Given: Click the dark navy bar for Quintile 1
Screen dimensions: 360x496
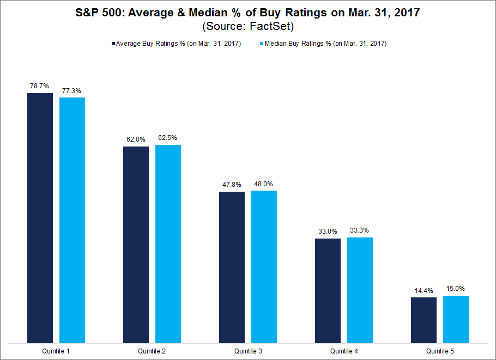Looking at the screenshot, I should (40, 218).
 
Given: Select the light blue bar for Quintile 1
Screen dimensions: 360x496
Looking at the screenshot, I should (72, 220).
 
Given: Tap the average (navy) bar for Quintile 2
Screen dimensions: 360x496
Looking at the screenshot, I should (136, 245).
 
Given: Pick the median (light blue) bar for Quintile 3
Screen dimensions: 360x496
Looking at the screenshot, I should (264, 267).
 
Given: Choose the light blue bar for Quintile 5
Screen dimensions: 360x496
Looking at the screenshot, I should (456, 319).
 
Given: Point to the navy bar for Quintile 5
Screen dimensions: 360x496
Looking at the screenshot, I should (424, 320).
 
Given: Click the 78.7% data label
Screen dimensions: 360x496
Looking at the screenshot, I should (40, 86).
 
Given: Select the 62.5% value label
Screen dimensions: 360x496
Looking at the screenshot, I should (168, 138).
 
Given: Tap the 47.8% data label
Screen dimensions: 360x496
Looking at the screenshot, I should (232, 184).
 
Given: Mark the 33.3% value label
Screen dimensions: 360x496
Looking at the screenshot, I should (360, 230).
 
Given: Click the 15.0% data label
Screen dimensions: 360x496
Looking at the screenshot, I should (456, 289).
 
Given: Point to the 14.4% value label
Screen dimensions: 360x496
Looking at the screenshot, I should (424, 290).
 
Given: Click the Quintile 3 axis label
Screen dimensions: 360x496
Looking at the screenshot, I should (247, 352).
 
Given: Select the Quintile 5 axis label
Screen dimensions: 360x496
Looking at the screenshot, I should (439, 352).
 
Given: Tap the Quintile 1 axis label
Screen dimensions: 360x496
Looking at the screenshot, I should (56, 352).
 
